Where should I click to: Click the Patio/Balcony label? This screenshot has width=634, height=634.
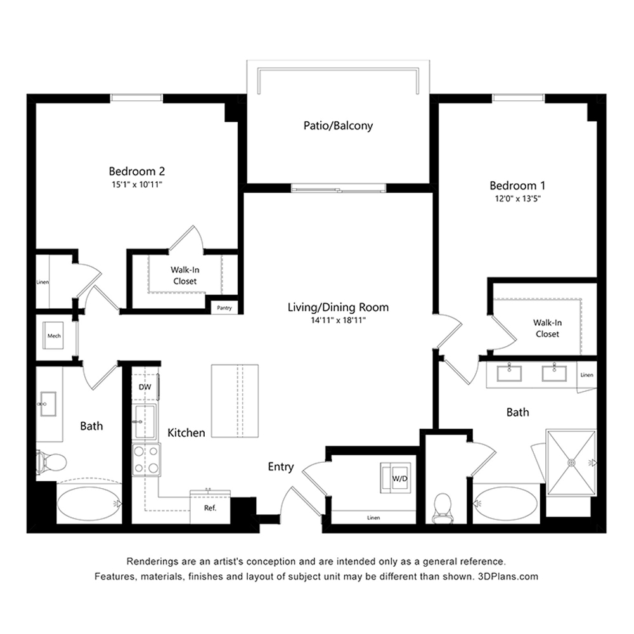click(x=338, y=126)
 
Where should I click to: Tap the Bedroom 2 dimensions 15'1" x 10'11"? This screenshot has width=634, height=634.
click(x=137, y=184)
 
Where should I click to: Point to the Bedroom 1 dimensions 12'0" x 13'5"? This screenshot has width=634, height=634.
click(x=517, y=199)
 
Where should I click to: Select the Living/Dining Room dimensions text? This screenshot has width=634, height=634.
click(x=338, y=321)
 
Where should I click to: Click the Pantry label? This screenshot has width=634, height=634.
click(x=224, y=307)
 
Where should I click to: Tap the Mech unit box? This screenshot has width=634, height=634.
click(x=54, y=336)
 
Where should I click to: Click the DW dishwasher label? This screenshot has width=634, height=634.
click(x=145, y=387)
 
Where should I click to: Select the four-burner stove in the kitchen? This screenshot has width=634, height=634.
click(x=146, y=460)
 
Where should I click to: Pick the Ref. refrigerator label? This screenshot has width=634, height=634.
click(x=210, y=508)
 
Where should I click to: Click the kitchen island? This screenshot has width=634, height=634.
click(x=235, y=401)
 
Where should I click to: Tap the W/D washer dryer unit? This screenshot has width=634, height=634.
click(x=396, y=477)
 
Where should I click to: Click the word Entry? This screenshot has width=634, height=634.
click(x=281, y=467)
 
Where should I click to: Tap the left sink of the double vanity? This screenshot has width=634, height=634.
click(x=509, y=372)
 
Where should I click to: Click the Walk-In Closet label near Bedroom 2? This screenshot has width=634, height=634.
click(x=184, y=275)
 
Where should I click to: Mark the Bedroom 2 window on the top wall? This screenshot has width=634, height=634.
click(x=137, y=98)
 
